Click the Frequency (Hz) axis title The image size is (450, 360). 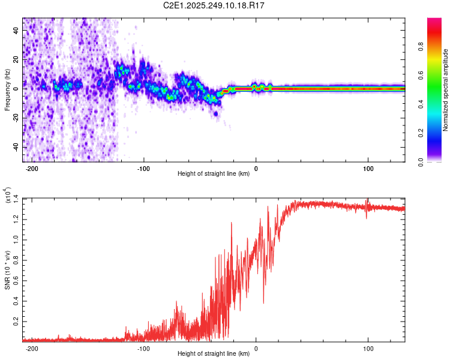(7, 89)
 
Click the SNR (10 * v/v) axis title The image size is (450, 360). (7, 269)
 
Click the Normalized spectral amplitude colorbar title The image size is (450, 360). (446, 90)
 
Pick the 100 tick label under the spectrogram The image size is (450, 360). (367, 169)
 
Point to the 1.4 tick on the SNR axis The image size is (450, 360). (15, 198)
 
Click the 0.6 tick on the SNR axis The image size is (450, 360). (15, 280)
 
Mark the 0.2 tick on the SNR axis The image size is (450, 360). (15, 322)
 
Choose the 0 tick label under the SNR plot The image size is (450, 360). (256, 349)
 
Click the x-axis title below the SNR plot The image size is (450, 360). (214, 355)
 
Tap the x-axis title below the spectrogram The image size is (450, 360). (214, 174)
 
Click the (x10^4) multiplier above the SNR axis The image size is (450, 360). (7, 195)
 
